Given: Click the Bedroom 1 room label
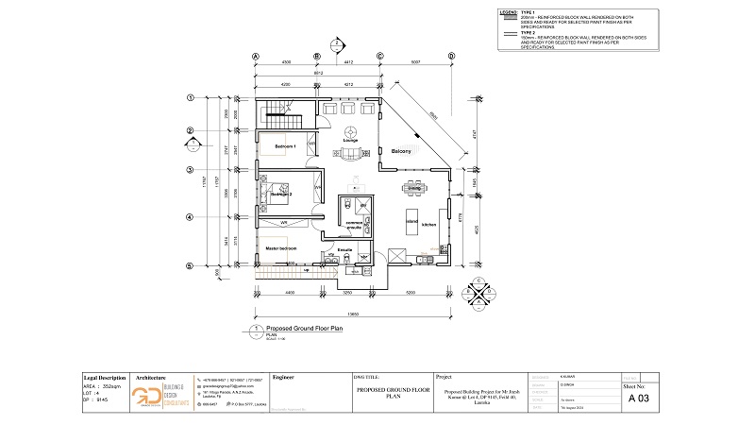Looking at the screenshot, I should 286,148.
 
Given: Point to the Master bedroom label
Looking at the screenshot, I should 281,248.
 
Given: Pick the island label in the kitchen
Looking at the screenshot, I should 412,221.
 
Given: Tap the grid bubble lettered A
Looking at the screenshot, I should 255,56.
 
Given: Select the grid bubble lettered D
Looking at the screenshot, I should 452,56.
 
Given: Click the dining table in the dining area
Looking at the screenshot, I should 413,188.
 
